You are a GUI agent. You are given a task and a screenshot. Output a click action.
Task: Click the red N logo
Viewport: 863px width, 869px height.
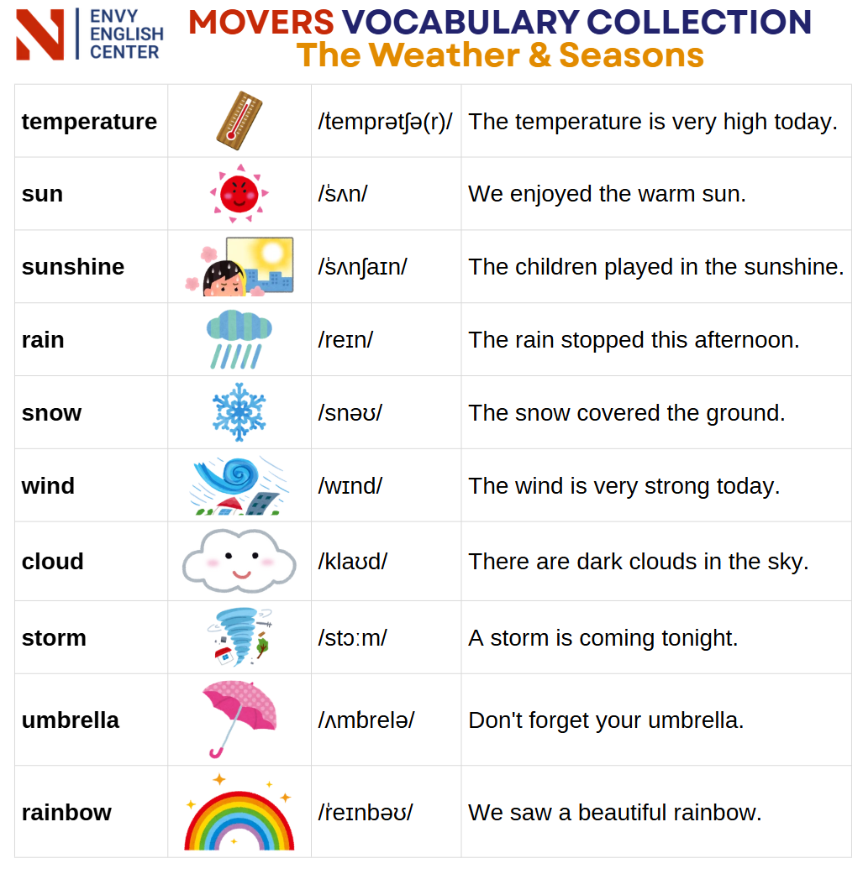pyautogui.click(x=40, y=35)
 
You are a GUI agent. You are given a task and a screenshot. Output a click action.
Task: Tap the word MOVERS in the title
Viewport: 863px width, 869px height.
pyautogui.click(x=261, y=22)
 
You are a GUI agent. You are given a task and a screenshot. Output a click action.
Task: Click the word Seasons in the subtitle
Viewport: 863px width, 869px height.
pyautogui.click(x=631, y=55)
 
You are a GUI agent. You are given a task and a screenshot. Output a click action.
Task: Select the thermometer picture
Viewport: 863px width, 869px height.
pyautogui.click(x=239, y=120)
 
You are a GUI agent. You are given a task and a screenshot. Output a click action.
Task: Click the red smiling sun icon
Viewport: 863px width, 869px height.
pyautogui.click(x=239, y=193)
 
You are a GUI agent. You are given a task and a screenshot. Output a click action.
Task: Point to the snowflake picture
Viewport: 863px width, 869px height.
pyautogui.click(x=239, y=411)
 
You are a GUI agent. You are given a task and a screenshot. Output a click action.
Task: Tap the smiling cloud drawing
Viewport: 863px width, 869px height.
pyautogui.click(x=239, y=561)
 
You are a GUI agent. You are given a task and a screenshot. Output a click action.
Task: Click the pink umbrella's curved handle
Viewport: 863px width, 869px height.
pyautogui.click(x=216, y=752)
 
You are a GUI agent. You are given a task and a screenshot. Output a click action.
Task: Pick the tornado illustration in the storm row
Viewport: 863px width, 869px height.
pyautogui.click(x=239, y=636)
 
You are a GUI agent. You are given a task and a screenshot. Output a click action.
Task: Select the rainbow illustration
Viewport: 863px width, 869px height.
pyautogui.click(x=239, y=814)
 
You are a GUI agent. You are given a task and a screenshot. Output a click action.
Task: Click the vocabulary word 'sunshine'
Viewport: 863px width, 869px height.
pyautogui.click(x=72, y=266)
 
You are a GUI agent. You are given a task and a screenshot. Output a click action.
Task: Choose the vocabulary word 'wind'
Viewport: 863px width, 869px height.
pyautogui.click(x=48, y=485)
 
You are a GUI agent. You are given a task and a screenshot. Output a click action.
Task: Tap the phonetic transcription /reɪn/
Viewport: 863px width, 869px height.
pyautogui.click(x=345, y=339)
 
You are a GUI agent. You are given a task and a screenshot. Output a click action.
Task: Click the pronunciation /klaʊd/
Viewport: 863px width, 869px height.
pyautogui.click(x=353, y=561)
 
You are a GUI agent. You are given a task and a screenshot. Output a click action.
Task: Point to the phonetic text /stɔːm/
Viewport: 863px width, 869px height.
pyautogui.click(x=352, y=637)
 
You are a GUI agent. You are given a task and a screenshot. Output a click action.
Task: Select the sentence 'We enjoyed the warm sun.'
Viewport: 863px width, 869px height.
pyautogui.click(x=607, y=194)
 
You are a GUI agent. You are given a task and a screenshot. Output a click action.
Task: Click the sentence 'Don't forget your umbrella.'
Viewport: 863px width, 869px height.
pyautogui.click(x=606, y=720)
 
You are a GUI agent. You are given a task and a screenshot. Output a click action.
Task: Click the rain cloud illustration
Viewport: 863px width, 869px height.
pyautogui.click(x=239, y=339)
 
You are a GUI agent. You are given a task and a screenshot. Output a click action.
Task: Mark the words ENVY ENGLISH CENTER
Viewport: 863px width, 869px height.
pyautogui.click(x=126, y=34)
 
